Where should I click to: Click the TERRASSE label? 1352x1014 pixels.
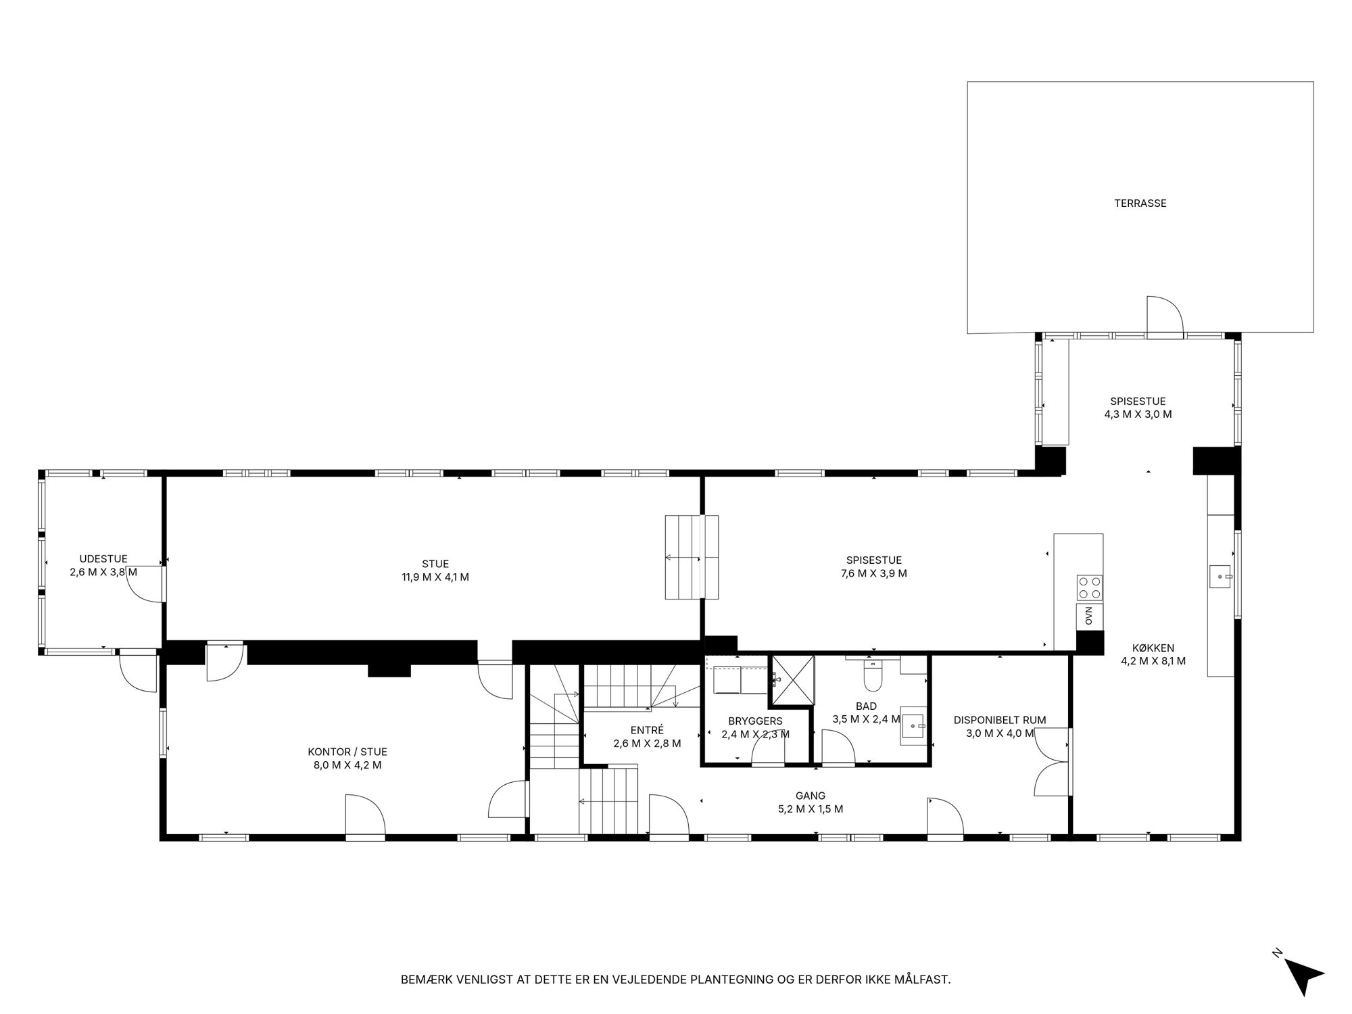click(x=1140, y=203)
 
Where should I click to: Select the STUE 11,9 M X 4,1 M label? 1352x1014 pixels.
click(x=435, y=571)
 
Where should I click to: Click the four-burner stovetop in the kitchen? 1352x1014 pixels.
click(x=1090, y=587)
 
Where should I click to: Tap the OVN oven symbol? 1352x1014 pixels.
click(x=1089, y=616)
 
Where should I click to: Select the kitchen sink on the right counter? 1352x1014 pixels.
click(x=1221, y=577)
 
